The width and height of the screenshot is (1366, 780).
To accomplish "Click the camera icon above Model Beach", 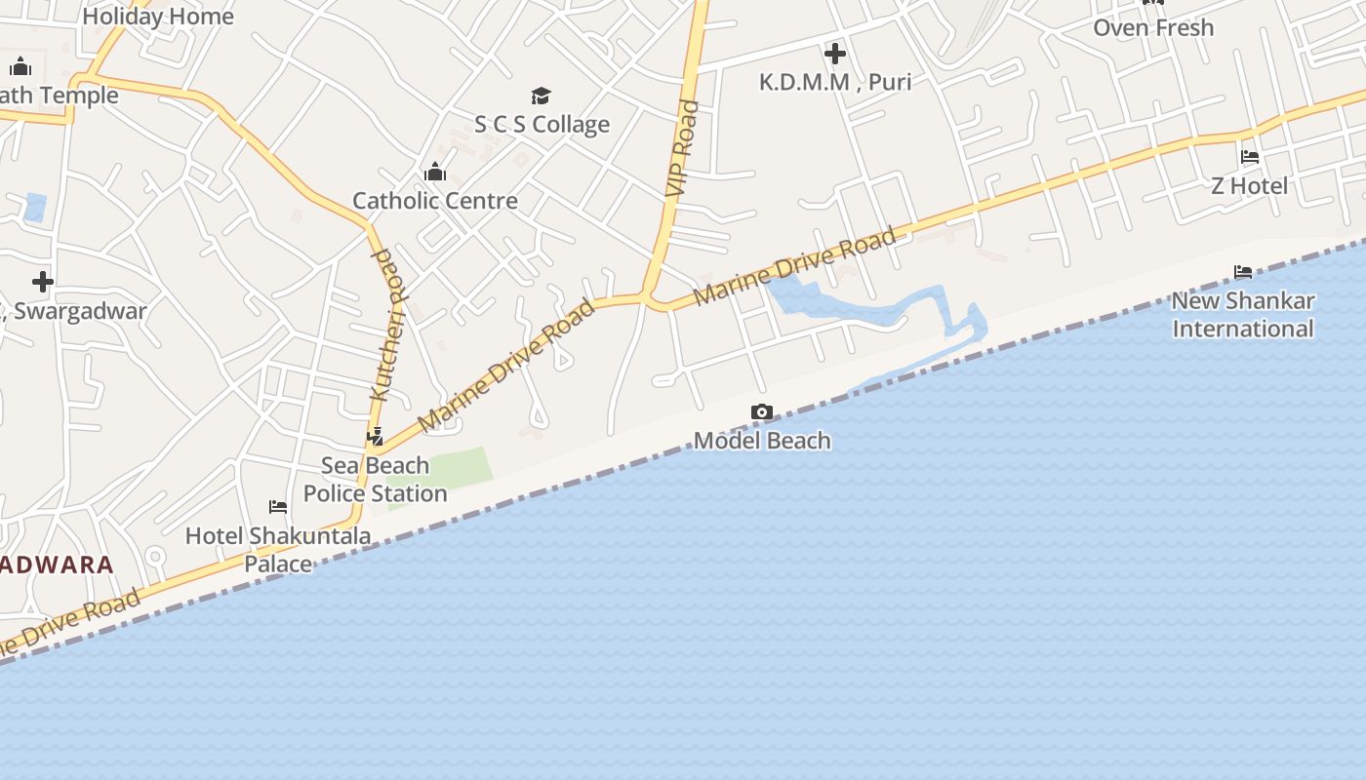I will pos(762,412).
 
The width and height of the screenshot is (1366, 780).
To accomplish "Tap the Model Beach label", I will pos(762,441).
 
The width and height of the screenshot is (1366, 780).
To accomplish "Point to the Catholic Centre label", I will pos(435,201).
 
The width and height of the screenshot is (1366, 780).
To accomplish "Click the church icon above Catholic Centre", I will pos(435,174).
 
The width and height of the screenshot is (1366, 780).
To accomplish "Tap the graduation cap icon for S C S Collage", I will pos(542,96).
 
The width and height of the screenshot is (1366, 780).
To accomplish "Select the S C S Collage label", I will pos(542,125).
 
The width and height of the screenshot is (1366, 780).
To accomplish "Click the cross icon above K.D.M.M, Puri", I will pos(835,54).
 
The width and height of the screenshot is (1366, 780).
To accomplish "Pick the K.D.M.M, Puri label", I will pos(835,82).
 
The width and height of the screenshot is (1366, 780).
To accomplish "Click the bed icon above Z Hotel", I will pos(1249,157).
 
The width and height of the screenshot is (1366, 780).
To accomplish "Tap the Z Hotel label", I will pos(1249,185).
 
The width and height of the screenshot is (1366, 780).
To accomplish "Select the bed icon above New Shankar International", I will pos(1243,272).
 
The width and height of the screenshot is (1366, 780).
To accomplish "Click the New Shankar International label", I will pos(1243,315).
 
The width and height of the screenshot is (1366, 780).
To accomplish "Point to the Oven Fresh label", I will pos(1153,27).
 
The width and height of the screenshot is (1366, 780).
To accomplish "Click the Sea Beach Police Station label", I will pos(376,480).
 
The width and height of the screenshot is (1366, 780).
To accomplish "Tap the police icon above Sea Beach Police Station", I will pos(376,437).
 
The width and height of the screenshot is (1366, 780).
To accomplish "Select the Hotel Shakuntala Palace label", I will pos(278,549).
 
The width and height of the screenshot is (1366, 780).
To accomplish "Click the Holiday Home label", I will pos(158,17).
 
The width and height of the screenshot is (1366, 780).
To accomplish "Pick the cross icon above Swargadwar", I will pos(43,283).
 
